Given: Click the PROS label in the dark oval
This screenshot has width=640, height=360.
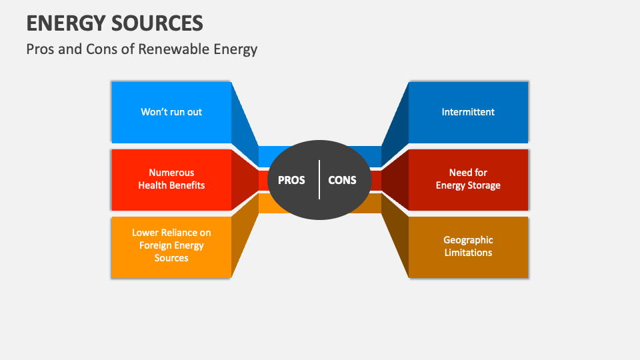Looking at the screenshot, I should click(x=291, y=180).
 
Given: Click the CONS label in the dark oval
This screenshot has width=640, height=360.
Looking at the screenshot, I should click(x=342, y=180).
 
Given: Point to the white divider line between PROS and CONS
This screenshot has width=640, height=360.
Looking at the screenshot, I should click(x=319, y=179).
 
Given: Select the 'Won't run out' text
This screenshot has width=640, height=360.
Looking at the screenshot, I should click(x=171, y=112).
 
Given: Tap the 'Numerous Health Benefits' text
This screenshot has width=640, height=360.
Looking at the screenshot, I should click(x=171, y=179).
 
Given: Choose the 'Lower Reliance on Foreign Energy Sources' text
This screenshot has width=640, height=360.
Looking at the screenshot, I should click(x=171, y=245).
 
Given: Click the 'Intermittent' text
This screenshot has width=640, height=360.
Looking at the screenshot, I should click(x=468, y=112).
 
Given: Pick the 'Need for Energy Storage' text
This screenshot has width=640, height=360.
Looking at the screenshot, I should click(x=468, y=179).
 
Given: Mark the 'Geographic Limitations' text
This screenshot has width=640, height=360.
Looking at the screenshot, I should click(x=468, y=246).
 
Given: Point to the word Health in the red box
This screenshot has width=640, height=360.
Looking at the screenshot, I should click(x=153, y=185).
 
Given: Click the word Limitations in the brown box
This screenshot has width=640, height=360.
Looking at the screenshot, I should click(x=468, y=253).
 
